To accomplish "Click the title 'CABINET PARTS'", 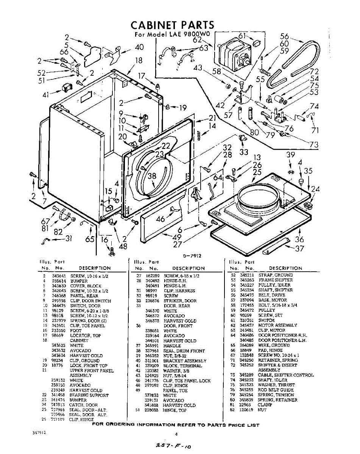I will click(x=172, y=25).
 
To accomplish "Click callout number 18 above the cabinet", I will click(x=139, y=61).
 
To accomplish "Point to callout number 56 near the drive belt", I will click(x=284, y=36).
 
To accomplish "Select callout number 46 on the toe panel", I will click(x=161, y=219).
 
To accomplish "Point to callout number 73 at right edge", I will click(x=313, y=144).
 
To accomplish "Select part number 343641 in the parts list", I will click(x=59, y=276).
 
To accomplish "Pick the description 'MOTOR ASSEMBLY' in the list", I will click(x=277, y=325).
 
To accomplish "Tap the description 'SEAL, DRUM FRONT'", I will click(x=184, y=351).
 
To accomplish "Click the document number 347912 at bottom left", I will click(x=39, y=433).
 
